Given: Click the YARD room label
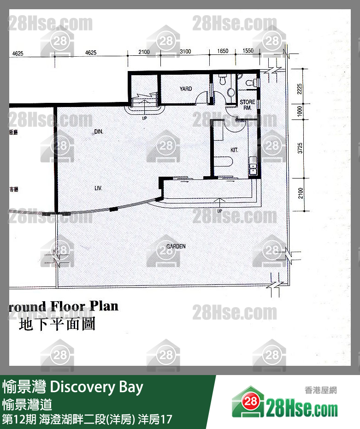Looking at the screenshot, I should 186,89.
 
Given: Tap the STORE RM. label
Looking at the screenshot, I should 247,104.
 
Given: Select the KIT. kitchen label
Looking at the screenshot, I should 235,150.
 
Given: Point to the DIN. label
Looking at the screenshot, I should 99,132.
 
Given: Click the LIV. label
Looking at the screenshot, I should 98,188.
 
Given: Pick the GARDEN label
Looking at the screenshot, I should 176,246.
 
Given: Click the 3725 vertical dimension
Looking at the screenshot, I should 301,148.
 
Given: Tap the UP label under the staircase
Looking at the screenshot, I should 145,119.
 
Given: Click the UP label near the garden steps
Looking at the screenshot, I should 220,210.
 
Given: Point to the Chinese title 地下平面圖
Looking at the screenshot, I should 57,324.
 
